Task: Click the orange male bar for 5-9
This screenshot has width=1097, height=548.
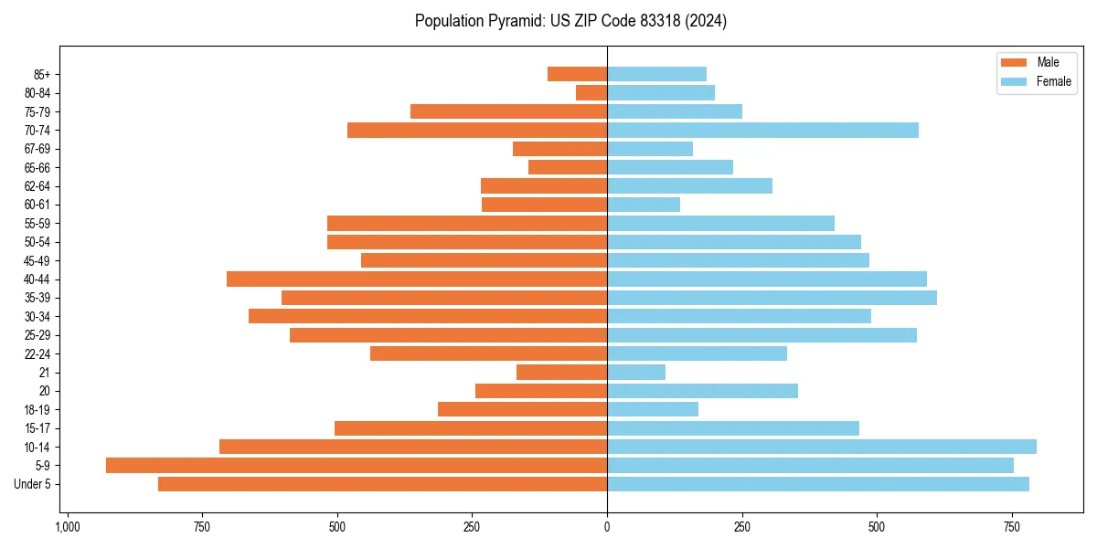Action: pos(357,465)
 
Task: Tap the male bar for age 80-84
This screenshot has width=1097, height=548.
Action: pos(591,92)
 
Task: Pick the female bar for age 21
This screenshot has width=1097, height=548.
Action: pos(636,372)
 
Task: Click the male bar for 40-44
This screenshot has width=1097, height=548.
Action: pos(417,279)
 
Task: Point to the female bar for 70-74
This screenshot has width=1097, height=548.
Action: pos(762,130)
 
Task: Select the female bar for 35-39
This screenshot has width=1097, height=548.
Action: pos(772,298)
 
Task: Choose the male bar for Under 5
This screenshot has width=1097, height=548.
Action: pos(382,484)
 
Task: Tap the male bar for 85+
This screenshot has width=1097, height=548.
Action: pos(577,74)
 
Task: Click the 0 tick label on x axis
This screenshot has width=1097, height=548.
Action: pos(607,527)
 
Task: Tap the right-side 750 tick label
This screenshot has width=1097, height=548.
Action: pos(1011,527)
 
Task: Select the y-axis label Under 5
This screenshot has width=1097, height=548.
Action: pos(33,484)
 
